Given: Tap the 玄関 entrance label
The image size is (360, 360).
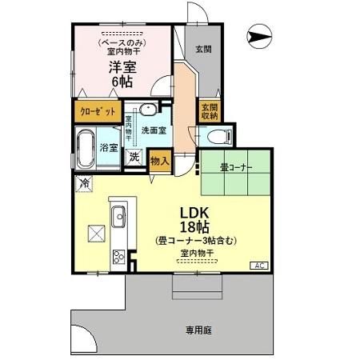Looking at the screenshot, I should tap(203, 49).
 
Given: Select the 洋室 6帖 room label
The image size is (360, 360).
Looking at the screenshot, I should tap(121, 73).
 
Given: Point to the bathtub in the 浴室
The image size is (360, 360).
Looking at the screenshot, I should tap(86, 148).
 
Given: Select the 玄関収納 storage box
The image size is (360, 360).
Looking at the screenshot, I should tap(209, 111).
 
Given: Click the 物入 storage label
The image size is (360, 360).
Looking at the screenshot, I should tap(160, 160).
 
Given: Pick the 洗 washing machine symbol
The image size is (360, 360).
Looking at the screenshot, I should tap(134, 157).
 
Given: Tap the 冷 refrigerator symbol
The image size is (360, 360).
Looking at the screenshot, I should tap(84, 184).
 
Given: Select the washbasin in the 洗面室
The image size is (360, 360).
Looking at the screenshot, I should tap(148, 110).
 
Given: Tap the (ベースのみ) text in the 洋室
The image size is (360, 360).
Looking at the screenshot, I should tap(122, 42).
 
